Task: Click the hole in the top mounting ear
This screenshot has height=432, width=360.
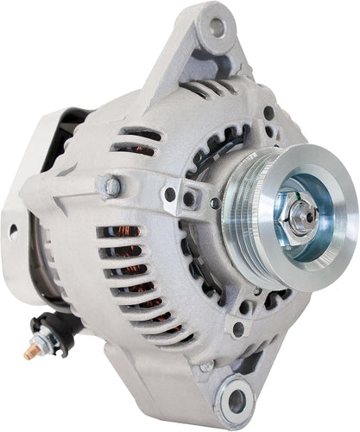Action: coord(216,27)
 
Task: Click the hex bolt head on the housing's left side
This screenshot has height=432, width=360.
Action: coord(111,186)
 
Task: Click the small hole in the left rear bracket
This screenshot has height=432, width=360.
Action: coord(13,231)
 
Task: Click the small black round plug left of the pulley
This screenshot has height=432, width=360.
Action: coord(214,204)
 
